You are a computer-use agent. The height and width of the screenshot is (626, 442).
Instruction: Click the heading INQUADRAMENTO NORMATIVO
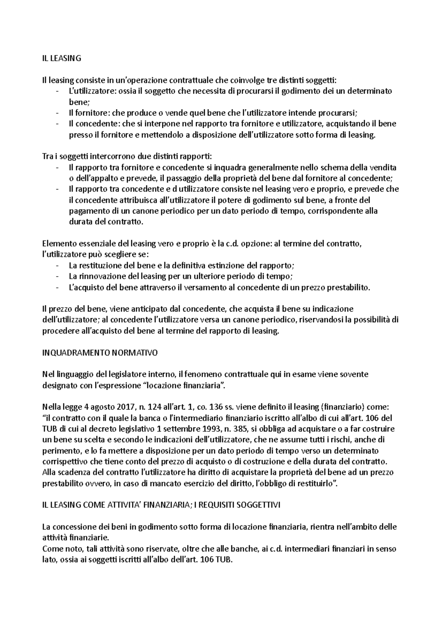point(100,353)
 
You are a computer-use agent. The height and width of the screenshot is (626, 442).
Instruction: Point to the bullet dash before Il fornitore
point(57,113)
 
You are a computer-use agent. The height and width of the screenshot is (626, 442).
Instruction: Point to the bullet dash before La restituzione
point(57,265)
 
